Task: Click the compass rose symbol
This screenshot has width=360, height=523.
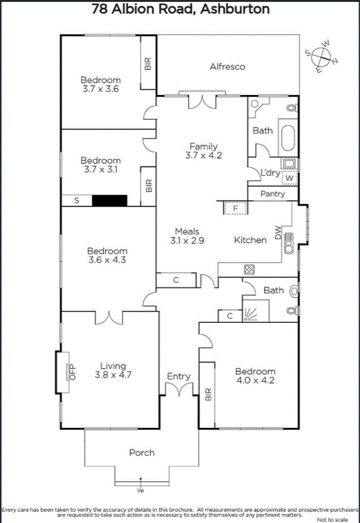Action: click(x=322, y=57)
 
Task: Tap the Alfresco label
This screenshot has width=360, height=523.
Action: click(x=227, y=67)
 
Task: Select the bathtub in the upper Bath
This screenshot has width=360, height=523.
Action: click(x=288, y=138)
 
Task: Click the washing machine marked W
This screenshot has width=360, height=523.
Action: click(x=290, y=178)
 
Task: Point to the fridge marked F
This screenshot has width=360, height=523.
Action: click(x=235, y=208)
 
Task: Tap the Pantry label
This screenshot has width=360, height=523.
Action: click(x=273, y=194)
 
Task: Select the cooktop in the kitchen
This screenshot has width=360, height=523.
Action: click(x=249, y=269)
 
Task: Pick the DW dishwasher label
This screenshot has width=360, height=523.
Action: click(x=278, y=232)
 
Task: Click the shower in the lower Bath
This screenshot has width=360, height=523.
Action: click(x=256, y=311)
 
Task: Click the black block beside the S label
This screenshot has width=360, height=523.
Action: click(x=110, y=201)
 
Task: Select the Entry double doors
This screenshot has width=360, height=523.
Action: click(x=179, y=389)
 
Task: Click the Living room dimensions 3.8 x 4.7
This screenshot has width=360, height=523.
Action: click(x=113, y=375)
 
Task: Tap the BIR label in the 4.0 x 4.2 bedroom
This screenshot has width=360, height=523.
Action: click(x=208, y=394)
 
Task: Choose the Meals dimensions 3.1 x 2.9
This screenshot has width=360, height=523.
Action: click(x=187, y=240)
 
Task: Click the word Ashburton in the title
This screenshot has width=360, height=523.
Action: click(x=235, y=9)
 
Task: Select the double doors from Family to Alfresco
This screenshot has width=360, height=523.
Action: click(x=202, y=102)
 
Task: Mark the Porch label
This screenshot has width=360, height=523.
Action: click(x=142, y=453)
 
